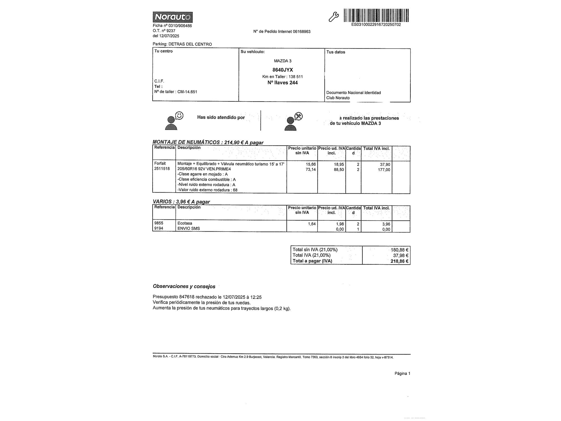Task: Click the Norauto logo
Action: [173, 17]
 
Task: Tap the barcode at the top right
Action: [376, 15]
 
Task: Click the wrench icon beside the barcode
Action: [334, 17]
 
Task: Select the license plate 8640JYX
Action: [282, 70]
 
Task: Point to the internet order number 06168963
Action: [302, 32]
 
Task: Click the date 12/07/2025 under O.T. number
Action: [169, 36]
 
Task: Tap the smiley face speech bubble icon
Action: [179, 116]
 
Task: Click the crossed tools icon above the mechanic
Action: [298, 116]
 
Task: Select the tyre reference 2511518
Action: [162, 169]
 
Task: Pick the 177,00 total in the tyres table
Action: [384, 170]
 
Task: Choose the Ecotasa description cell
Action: [185, 223]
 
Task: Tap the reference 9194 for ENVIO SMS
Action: [159, 228]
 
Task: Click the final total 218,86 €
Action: [399, 261]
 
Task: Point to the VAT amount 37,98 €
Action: [400, 255]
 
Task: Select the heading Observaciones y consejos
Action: [184, 286]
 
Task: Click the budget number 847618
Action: [187, 297]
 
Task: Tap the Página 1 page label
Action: [402, 373]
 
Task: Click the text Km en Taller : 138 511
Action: [282, 77]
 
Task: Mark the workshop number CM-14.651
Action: [187, 92]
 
